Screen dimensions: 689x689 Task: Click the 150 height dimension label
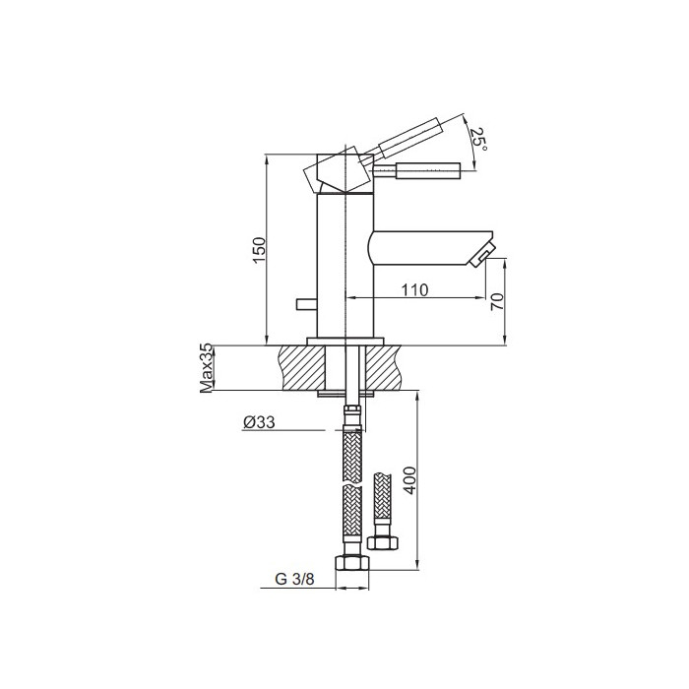(x=259, y=250)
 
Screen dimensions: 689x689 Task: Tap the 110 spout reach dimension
(x=414, y=289)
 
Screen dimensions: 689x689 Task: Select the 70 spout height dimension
(x=497, y=301)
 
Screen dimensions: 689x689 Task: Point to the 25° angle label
(x=478, y=140)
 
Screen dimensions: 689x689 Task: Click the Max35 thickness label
(x=206, y=368)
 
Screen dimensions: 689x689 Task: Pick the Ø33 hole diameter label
(x=259, y=422)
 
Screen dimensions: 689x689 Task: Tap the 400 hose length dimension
(x=409, y=480)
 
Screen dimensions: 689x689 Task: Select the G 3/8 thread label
(x=295, y=579)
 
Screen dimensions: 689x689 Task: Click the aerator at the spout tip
(x=482, y=256)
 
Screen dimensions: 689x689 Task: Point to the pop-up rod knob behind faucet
(x=307, y=304)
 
